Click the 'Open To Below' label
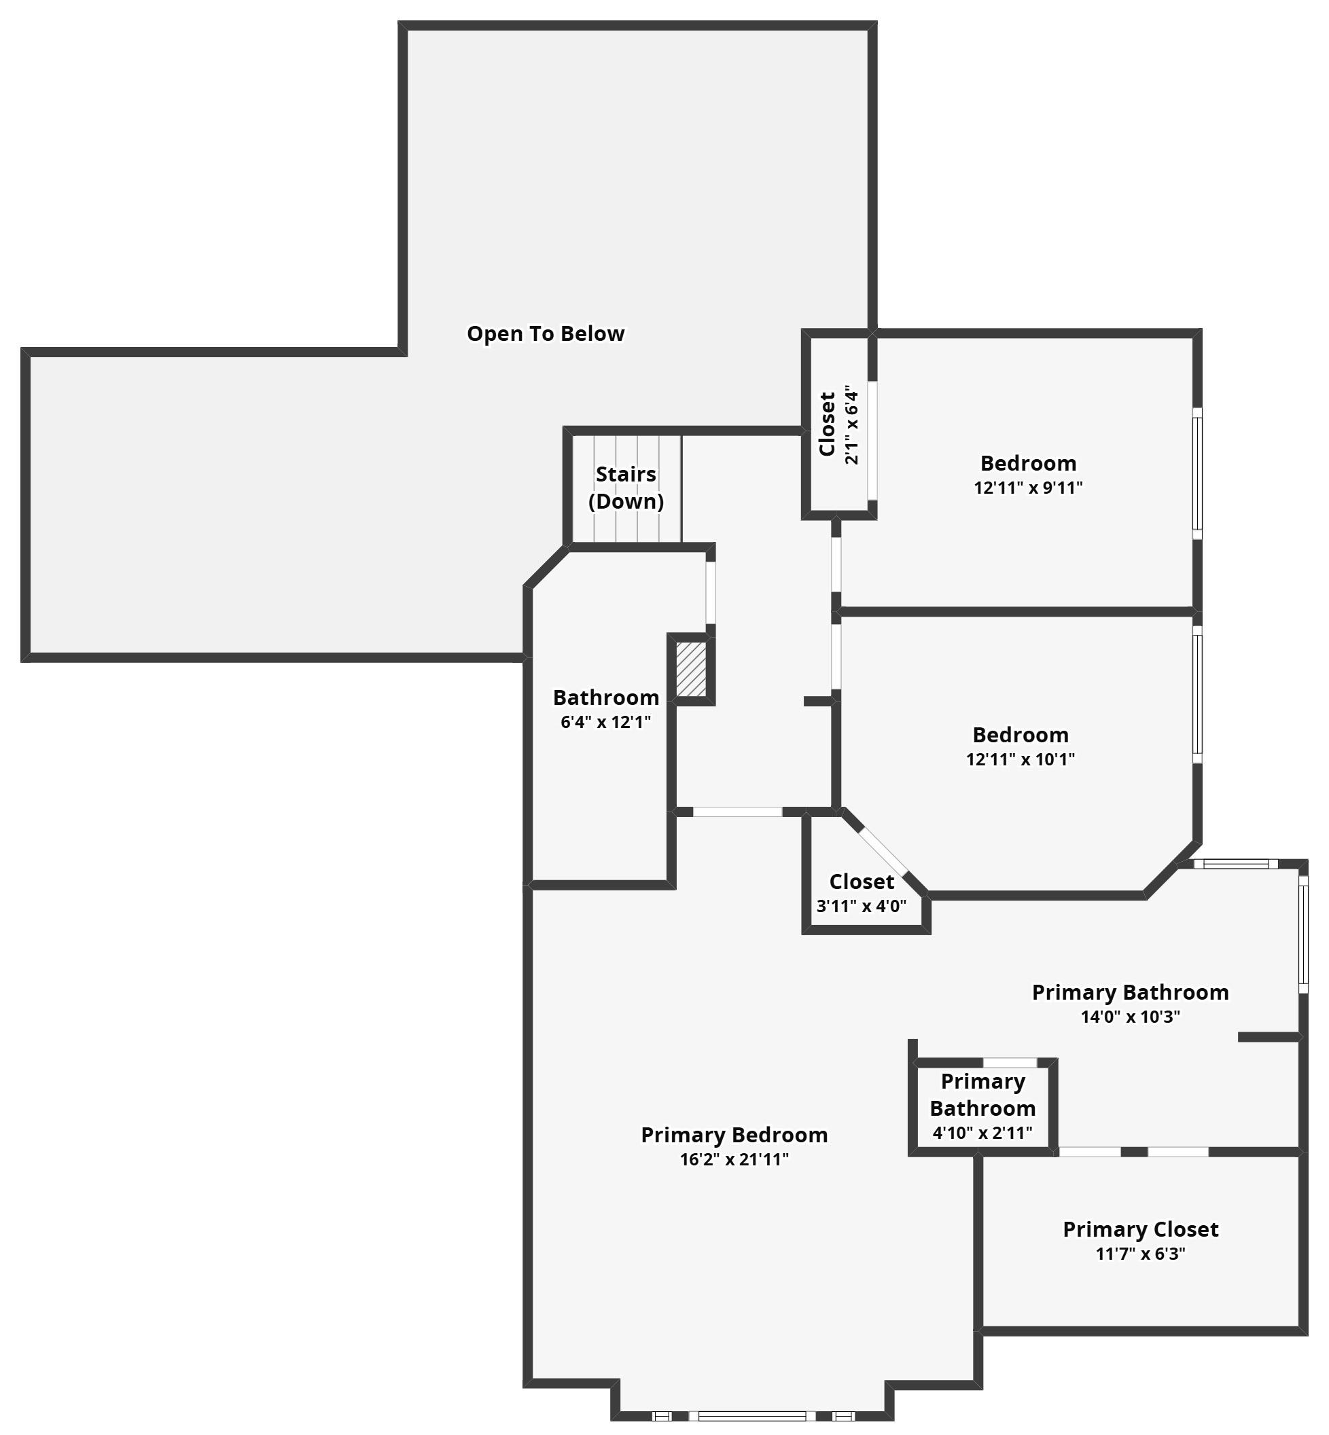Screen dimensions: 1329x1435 tap(546, 333)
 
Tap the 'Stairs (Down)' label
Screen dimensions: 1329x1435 tap(626, 488)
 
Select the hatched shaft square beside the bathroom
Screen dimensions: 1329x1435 tap(691, 669)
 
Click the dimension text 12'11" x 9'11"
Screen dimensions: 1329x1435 tap(1029, 488)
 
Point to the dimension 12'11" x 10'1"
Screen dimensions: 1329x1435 tap(1021, 759)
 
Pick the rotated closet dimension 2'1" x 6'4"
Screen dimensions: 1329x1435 tap(851, 426)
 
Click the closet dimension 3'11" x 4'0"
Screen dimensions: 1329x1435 tap(862, 906)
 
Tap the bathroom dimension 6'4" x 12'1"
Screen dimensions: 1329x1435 tap(605, 722)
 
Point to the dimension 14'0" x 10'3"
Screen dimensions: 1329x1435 tap(1131, 1017)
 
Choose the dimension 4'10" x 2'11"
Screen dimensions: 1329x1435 tap(982, 1133)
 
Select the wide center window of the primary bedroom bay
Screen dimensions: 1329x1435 tap(752, 1416)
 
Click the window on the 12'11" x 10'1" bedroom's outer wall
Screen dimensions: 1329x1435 tap(1197, 695)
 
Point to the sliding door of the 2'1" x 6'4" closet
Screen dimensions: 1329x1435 tap(872, 440)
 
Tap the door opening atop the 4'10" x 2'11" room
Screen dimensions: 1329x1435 tap(1010, 1063)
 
